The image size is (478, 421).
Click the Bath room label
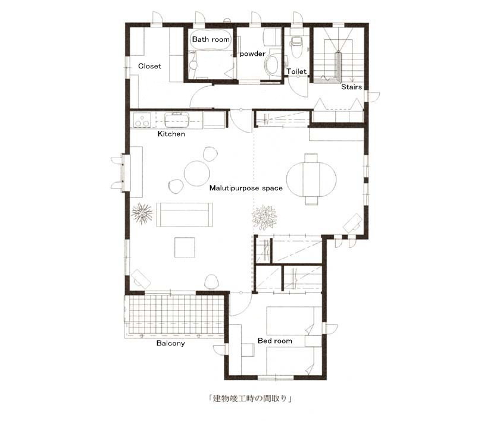[211, 39]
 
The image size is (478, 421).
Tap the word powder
[252, 54]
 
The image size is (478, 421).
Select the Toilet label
[296, 71]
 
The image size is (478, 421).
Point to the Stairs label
[351, 87]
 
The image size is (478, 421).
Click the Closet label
[149, 66]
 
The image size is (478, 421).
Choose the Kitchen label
[171, 134]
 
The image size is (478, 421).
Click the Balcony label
[170, 343]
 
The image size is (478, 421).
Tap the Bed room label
[274, 341]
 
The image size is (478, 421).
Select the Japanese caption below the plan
[250, 398]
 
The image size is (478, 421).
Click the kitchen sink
[177, 120]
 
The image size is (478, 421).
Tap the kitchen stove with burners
[142, 120]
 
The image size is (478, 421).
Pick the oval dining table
[311, 178]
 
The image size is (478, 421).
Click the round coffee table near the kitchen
[197, 173]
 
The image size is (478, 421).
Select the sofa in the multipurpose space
[185, 215]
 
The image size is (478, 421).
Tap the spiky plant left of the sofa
[142, 213]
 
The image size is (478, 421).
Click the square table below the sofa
[185, 247]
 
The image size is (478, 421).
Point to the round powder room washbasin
[272, 66]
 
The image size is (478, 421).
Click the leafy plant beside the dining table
[264, 217]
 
